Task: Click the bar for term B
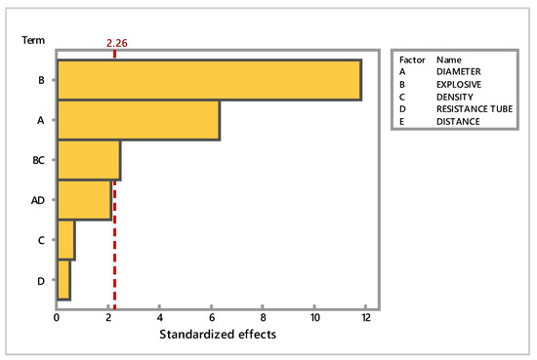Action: point(209,80)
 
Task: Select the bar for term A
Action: point(139,120)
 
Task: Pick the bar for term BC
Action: point(89,160)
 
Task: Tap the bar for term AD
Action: point(85,200)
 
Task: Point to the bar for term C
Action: point(66,240)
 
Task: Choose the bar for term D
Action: point(64,280)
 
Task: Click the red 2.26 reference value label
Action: point(117,43)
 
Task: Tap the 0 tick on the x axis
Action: point(57,318)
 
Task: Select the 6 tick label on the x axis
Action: point(212,318)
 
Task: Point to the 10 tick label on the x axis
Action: point(315,318)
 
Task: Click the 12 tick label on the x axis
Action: point(366,318)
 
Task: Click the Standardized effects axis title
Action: point(218,334)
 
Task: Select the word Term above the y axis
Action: point(33,40)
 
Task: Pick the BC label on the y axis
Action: point(38,160)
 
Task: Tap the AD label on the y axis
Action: point(38,200)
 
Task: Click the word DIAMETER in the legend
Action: point(459,71)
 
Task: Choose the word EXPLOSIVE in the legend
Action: point(459,84)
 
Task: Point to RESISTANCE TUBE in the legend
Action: point(475,109)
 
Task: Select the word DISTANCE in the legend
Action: point(458,122)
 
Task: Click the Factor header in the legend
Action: point(412,60)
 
